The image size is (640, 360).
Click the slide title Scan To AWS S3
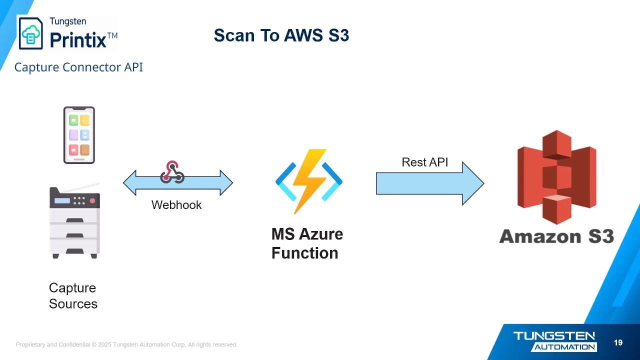point(281,35)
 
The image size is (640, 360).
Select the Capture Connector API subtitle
point(78,67)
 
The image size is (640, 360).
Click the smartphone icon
point(79,135)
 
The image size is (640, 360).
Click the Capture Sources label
point(73,295)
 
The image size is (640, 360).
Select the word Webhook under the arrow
point(176,204)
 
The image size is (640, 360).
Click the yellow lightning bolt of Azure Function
point(309,180)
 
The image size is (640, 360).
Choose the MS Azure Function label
point(307,243)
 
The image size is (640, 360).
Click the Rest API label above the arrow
point(424,162)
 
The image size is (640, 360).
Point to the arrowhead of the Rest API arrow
point(473,183)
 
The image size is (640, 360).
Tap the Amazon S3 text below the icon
point(556,236)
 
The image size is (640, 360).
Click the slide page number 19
point(618,342)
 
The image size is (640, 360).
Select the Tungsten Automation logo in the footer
point(554,341)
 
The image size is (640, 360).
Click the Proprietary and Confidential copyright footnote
point(126,344)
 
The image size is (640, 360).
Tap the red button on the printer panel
point(92,200)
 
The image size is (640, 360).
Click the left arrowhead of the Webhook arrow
point(129,182)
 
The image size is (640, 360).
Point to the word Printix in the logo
point(78,39)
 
